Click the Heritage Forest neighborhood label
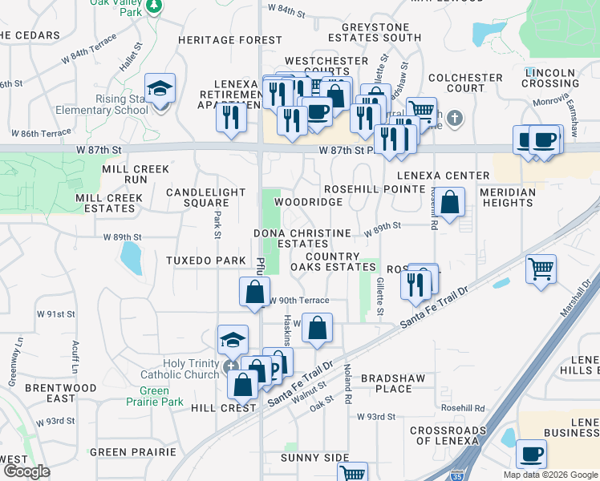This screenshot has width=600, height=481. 230,40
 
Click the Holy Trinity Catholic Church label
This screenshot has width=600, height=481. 180,369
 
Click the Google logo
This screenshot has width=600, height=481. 26,471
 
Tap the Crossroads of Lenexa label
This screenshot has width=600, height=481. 448,436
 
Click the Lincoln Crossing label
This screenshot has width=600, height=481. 550,78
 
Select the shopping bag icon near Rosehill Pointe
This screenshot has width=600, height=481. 451,203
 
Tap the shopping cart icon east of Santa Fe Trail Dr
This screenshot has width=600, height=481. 541,269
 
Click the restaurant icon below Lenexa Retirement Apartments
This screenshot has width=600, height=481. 230,117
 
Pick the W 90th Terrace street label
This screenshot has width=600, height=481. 298,300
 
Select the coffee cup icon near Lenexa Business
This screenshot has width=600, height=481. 531,454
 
